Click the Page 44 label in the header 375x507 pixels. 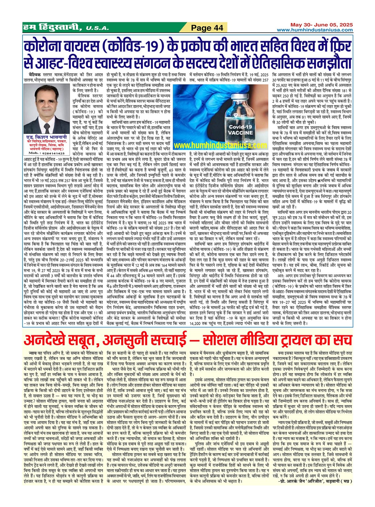(x=207, y=28)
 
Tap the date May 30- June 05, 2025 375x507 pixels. (x=321, y=25)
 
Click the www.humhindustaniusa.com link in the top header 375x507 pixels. (x=315, y=30)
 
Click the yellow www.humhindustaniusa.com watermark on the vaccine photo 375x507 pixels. (x=220, y=146)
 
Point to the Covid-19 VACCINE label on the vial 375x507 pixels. (x=240, y=130)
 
